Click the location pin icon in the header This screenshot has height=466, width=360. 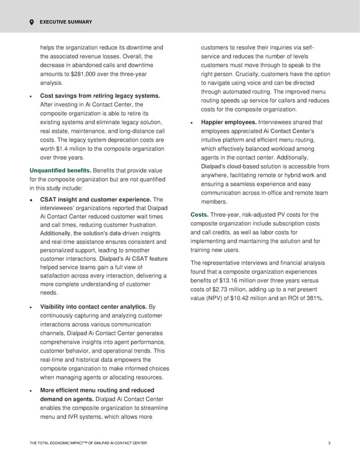[31, 22]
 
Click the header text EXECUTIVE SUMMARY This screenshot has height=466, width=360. [66, 22]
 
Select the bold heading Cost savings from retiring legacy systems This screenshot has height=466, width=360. [100, 96]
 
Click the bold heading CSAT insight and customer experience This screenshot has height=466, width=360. [95, 199]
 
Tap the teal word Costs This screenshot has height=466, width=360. [200, 216]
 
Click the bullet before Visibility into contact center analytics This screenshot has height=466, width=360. [31, 307]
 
